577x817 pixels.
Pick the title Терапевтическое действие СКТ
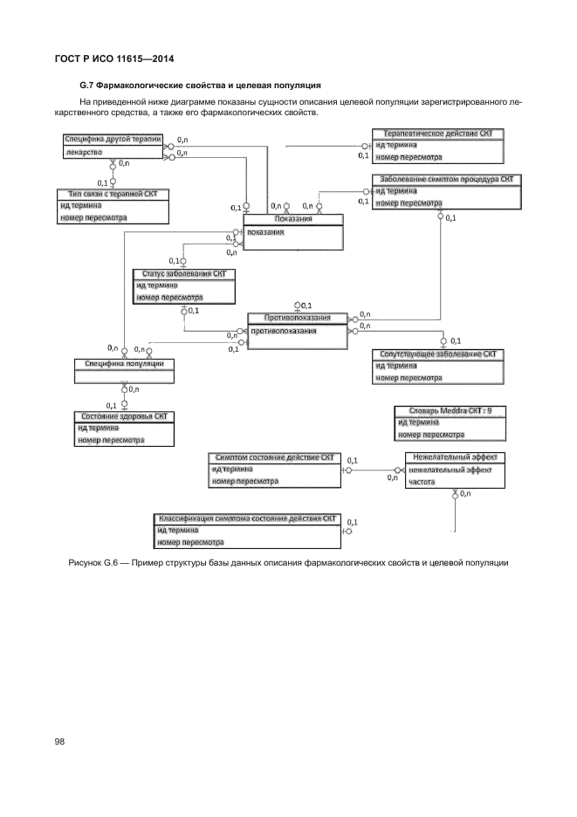438,134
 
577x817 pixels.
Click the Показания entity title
292,219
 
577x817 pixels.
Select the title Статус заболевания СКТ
183,274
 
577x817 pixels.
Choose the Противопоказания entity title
299,319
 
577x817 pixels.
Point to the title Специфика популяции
118,363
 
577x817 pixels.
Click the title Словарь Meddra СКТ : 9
450,410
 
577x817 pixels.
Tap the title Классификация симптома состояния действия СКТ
247,518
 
